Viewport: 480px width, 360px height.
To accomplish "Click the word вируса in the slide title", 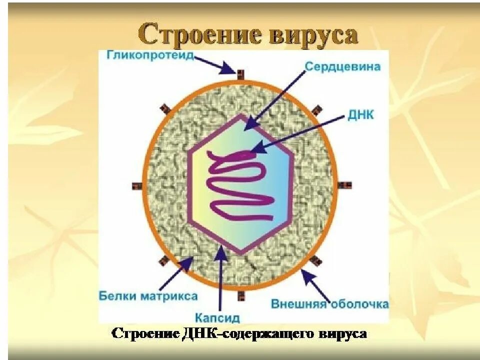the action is (x=314, y=35).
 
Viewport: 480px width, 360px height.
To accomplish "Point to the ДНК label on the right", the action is (x=360, y=115).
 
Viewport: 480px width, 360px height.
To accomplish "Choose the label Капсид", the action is (x=217, y=317).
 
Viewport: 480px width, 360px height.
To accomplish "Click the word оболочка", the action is (x=358, y=303).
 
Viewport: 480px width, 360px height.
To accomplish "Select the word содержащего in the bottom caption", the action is (x=277, y=333).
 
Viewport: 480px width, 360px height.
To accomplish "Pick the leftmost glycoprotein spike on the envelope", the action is (x=136, y=186).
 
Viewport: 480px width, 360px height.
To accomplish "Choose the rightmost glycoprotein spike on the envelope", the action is (x=344, y=185).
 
